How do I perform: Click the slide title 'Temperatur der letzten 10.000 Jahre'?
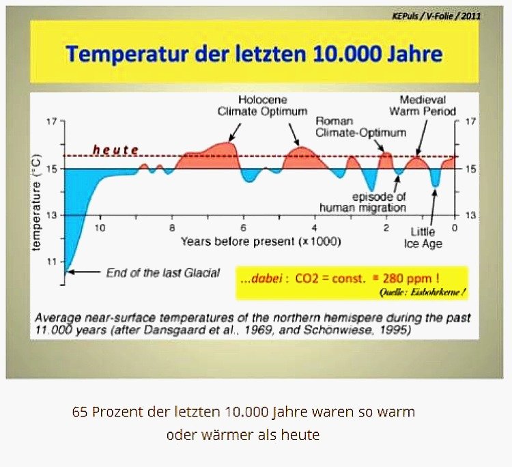[x=254, y=53]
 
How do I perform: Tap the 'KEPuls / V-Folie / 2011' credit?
[x=436, y=16]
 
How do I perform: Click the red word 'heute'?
[x=115, y=150]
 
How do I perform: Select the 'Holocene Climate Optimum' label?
[x=263, y=105]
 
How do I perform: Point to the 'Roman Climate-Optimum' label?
[x=360, y=127]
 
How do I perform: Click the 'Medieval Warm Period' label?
[x=423, y=105]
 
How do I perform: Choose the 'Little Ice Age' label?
[x=423, y=238]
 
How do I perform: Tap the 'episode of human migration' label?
[x=362, y=202]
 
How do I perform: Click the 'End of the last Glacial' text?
[x=163, y=272]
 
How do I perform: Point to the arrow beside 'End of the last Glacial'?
[x=84, y=272]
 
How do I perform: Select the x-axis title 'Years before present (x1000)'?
[x=261, y=242]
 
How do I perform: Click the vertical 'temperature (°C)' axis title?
[x=37, y=203]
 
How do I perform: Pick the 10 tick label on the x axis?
[x=100, y=227]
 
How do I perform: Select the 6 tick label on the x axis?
[x=243, y=227]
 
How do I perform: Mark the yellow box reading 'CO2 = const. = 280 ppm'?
[x=352, y=283]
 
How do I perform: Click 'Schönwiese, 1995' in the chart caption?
[x=356, y=330]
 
